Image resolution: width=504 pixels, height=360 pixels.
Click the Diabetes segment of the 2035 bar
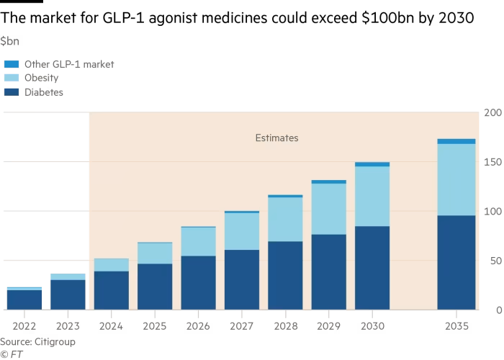[x=456, y=262]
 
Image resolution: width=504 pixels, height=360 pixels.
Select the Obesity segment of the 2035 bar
[x=456, y=179]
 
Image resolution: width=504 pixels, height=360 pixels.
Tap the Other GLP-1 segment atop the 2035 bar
[x=456, y=141]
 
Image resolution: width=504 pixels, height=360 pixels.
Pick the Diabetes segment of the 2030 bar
[x=372, y=268]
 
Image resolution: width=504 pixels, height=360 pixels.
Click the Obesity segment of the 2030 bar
[x=372, y=196]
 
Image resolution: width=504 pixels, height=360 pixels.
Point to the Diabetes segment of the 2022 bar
[x=24, y=300]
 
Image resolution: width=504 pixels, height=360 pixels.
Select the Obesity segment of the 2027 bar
[x=242, y=231]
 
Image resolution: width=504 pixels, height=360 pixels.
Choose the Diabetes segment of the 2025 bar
[x=155, y=287]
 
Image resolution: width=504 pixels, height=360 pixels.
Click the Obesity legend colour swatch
[x=11, y=78]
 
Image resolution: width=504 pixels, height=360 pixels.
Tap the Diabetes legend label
[x=44, y=91]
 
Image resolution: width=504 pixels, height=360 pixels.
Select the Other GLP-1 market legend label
[x=69, y=64]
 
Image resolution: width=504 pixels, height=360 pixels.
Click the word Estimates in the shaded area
[x=276, y=138]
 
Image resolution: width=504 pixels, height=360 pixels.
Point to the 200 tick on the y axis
[x=492, y=113]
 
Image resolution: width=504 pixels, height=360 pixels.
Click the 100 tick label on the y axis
[x=492, y=212]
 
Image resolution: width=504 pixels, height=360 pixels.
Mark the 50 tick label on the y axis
[x=495, y=261]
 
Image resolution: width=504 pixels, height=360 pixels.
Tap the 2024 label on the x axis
[x=112, y=326]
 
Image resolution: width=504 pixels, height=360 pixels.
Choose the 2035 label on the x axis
[x=456, y=326]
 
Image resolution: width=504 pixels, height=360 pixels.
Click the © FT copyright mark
[x=12, y=354]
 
